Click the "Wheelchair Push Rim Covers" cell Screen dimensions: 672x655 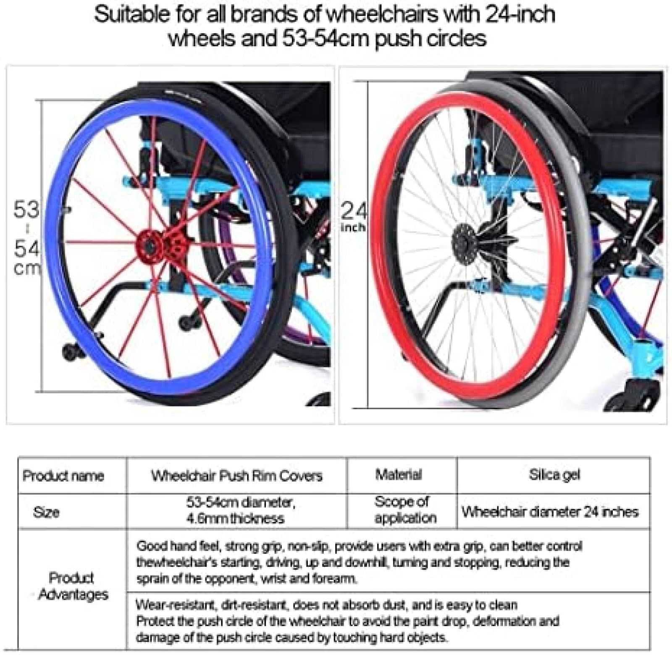pyautogui.click(x=237, y=476)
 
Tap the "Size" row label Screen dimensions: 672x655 pyautogui.click(x=46, y=512)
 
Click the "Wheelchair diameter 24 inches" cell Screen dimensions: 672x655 pyautogui.click(x=550, y=512)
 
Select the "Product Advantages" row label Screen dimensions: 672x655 pyautogui.click(x=72, y=586)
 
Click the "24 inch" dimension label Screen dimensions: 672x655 pyautogui.click(x=353, y=217)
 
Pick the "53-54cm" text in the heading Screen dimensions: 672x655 pyautogui.click(x=325, y=39)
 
